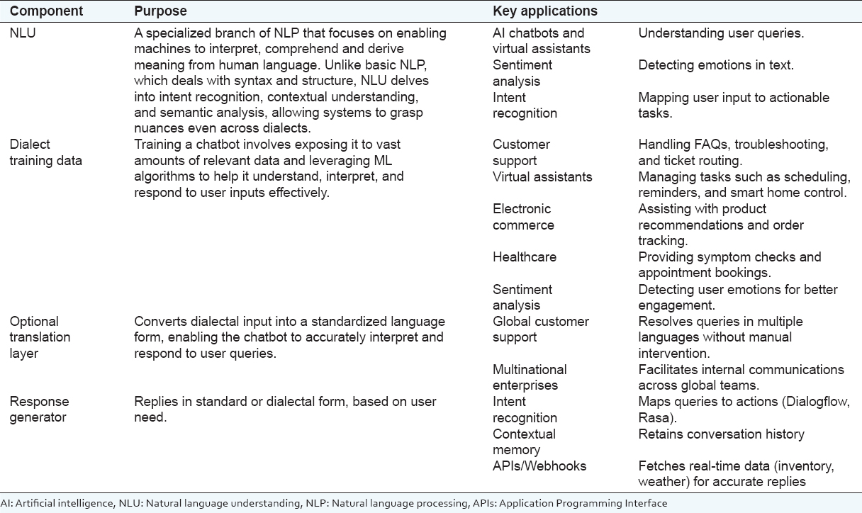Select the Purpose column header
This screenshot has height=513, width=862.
click(x=160, y=11)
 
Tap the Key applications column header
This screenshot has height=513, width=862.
click(x=545, y=11)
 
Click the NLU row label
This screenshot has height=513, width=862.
click(x=22, y=33)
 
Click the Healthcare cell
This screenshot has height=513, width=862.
click(x=525, y=257)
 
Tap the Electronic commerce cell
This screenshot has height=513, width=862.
click(x=524, y=217)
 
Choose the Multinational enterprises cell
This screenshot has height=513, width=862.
click(x=530, y=377)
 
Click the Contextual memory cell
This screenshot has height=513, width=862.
click(x=524, y=441)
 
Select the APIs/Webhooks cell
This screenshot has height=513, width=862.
click(x=539, y=466)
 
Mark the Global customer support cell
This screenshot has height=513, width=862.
click(x=541, y=329)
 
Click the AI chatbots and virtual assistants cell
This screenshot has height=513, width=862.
click(x=538, y=41)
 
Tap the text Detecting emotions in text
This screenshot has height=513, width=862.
click(x=716, y=65)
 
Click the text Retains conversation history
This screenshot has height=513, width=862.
click(x=721, y=434)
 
